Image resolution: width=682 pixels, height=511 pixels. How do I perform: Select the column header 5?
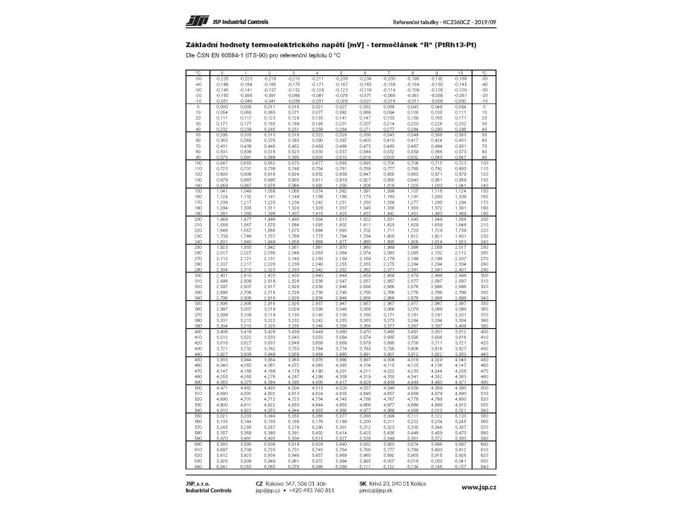[341, 72]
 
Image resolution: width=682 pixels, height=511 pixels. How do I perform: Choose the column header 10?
[460, 72]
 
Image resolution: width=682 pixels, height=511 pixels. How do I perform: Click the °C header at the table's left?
[198, 72]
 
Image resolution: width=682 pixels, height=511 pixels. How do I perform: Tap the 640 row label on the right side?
[484, 467]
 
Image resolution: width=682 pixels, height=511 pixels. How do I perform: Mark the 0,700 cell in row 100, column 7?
[389, 162]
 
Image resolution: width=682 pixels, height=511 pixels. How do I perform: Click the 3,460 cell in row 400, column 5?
[341, 331]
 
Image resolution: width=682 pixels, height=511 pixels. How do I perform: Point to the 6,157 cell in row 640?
[460, 467]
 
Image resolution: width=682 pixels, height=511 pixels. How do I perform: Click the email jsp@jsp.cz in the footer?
[268, 490]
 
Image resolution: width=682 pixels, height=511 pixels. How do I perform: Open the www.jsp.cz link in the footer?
[479, 488]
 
